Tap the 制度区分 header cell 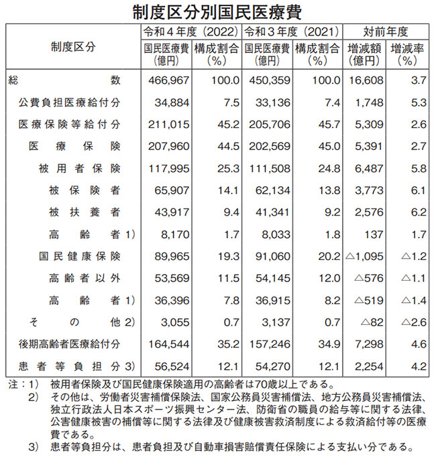click(x=72, y=46)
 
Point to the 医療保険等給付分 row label click(x=70, y=125)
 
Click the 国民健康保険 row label click(x=80, y=257)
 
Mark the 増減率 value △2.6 click(x=408, y=322)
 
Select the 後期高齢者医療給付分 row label click(x=70, y=344)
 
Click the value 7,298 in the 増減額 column click(x=367, y=344)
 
